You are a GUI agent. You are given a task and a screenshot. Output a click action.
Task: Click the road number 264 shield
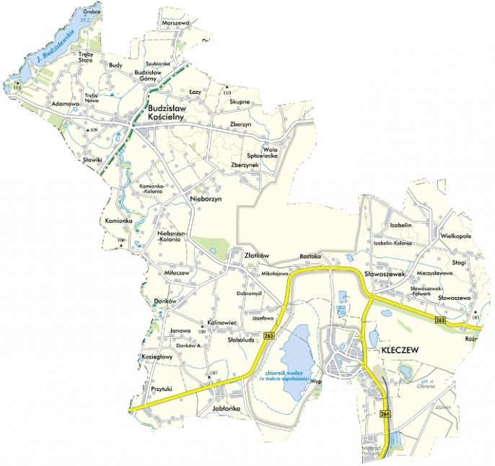(x=384, y=414)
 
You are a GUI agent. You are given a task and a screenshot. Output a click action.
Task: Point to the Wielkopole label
(x=455, y=236)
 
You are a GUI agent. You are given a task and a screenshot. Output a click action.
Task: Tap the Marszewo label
(x=176, y=23)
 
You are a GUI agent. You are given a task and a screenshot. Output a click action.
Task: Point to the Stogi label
(x=460, y=262)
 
